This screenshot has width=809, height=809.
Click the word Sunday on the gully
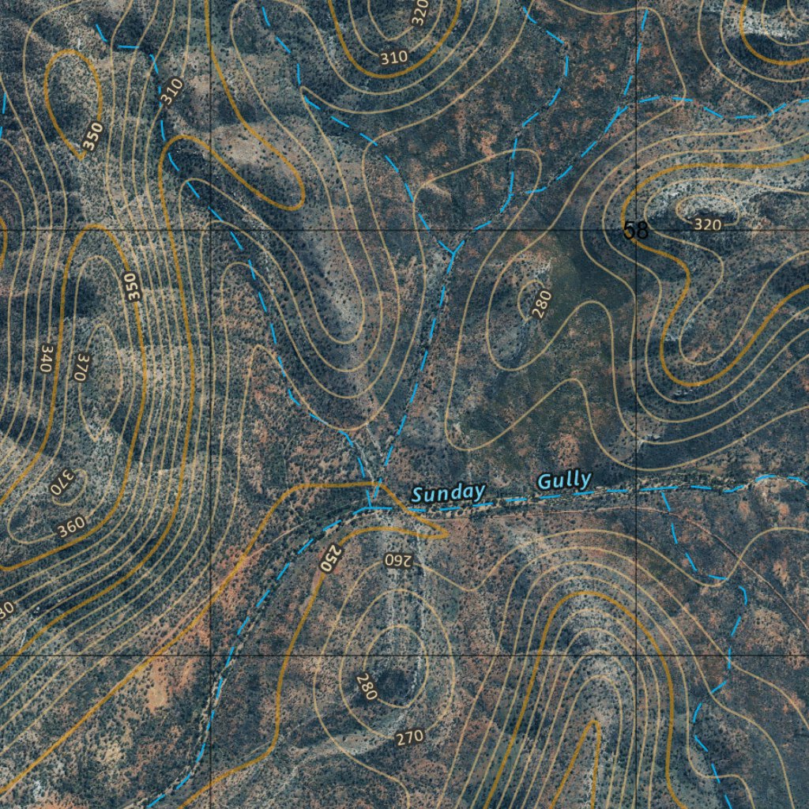(x=448, y=494)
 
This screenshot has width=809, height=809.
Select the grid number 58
(x=635, y=231)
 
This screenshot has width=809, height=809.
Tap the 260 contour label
(x=398, y=560)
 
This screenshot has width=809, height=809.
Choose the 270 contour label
(x=409, y=738)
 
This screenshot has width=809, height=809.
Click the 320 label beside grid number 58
(x=707, y=224)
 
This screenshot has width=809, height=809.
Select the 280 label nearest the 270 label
(x=367, y=686)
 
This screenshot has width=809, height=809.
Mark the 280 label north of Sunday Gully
(x=541, y=304)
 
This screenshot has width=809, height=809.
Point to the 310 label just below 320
(x=393, y=57)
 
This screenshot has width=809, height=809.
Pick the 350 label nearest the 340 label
(x=131, y=286)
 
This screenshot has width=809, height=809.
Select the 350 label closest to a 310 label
(x=92, y=137)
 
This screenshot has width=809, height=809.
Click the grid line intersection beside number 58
(x=637, y=230)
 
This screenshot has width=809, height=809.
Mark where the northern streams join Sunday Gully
(x=370, y=506)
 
